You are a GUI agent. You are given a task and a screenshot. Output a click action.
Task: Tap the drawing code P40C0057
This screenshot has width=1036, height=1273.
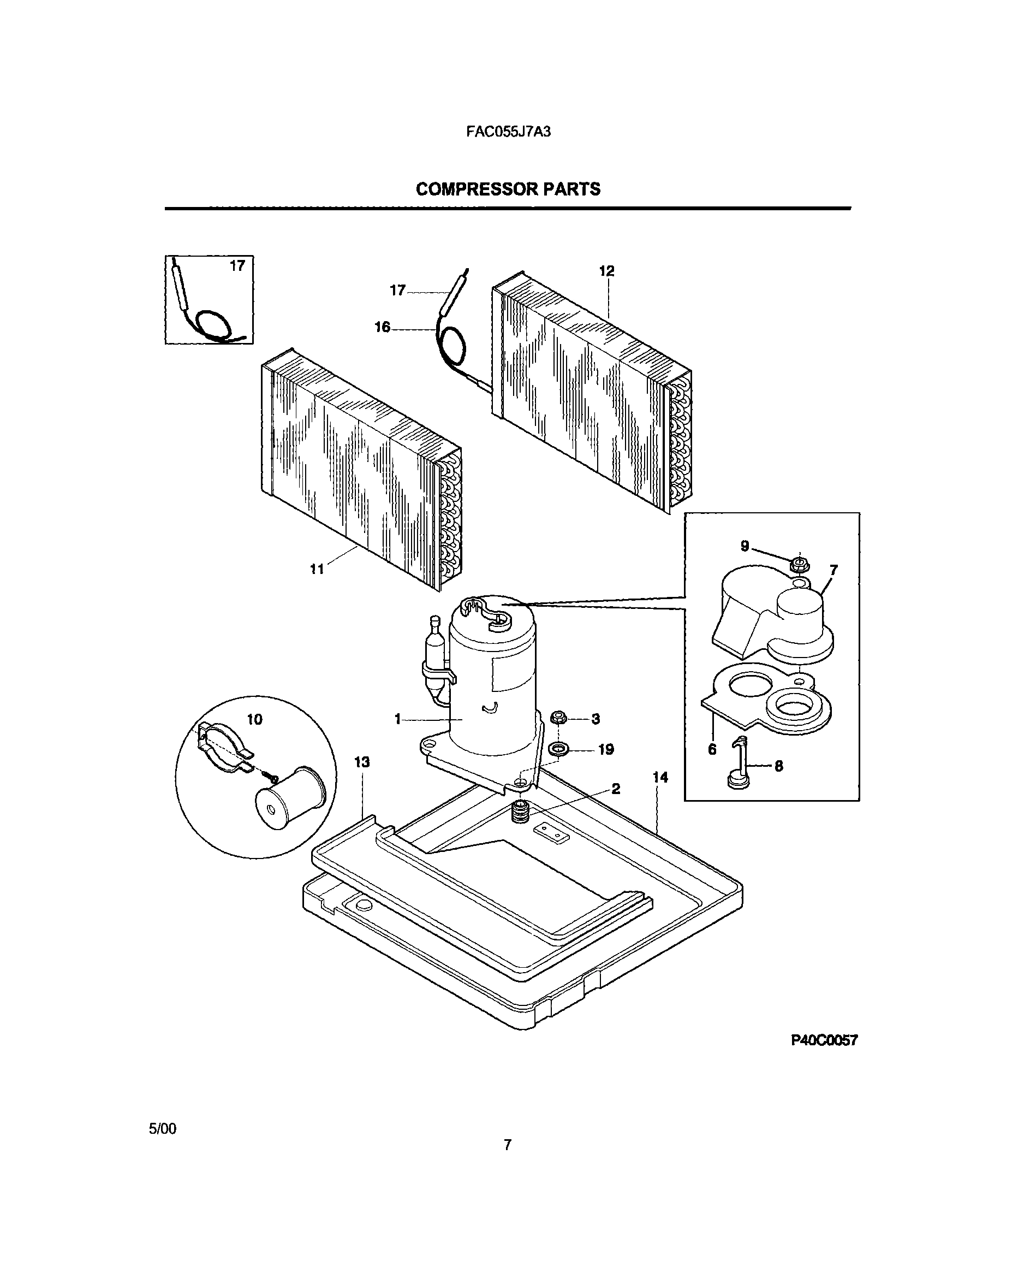coord(824,1041)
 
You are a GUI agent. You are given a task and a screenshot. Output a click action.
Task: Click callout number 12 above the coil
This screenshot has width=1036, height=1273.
coord(606,271)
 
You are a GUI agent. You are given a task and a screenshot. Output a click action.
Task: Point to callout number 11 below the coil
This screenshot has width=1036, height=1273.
coord(316,570)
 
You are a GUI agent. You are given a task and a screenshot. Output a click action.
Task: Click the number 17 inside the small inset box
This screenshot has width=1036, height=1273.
coord(237,267)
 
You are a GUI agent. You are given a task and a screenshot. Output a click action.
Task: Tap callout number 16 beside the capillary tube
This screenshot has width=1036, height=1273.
coord(382,327)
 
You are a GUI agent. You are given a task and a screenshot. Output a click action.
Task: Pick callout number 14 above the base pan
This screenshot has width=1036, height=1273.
coord(660,778)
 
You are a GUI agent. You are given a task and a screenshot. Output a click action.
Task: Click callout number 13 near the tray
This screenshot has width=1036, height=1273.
coord(362,762)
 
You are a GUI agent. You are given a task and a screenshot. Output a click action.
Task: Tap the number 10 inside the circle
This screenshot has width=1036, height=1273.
coord(255,719)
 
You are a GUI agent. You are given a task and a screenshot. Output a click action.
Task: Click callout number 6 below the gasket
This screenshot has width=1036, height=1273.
coord(712,750)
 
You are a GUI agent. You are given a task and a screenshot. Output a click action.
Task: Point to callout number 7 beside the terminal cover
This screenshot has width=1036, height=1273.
coord(833,570)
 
